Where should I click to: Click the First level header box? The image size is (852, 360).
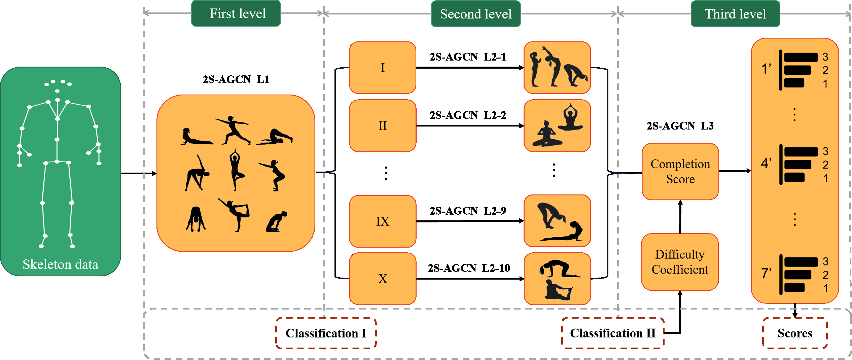click(236, 13)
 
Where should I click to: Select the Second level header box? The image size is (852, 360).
click(475, 14)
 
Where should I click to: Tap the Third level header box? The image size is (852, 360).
click(735, 14)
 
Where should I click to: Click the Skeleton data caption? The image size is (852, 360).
click(60, 264)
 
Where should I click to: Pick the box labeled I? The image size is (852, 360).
click(383, 68)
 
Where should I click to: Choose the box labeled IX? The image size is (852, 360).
click(383, 221)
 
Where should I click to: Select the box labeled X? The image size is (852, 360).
click(383, 279)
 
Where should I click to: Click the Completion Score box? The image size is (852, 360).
click(680, 171)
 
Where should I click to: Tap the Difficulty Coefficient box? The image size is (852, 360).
click(680, 262)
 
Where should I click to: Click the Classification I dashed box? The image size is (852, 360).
click(326, 333)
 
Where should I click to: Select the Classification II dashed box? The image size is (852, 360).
click(613, 333)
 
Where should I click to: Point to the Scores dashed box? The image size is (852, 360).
click(794, 333)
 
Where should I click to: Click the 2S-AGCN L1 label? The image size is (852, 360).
click(236, 79)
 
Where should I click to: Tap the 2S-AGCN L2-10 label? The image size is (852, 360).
click(469, 268)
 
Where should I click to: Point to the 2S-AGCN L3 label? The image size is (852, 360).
click(680, 126)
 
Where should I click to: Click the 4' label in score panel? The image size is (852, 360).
click(766, 164)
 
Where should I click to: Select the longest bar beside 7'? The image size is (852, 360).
click(801, 262)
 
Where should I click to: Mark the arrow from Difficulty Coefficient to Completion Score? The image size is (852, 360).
click(680, 217)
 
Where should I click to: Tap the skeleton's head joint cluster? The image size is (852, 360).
click(58, 84)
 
